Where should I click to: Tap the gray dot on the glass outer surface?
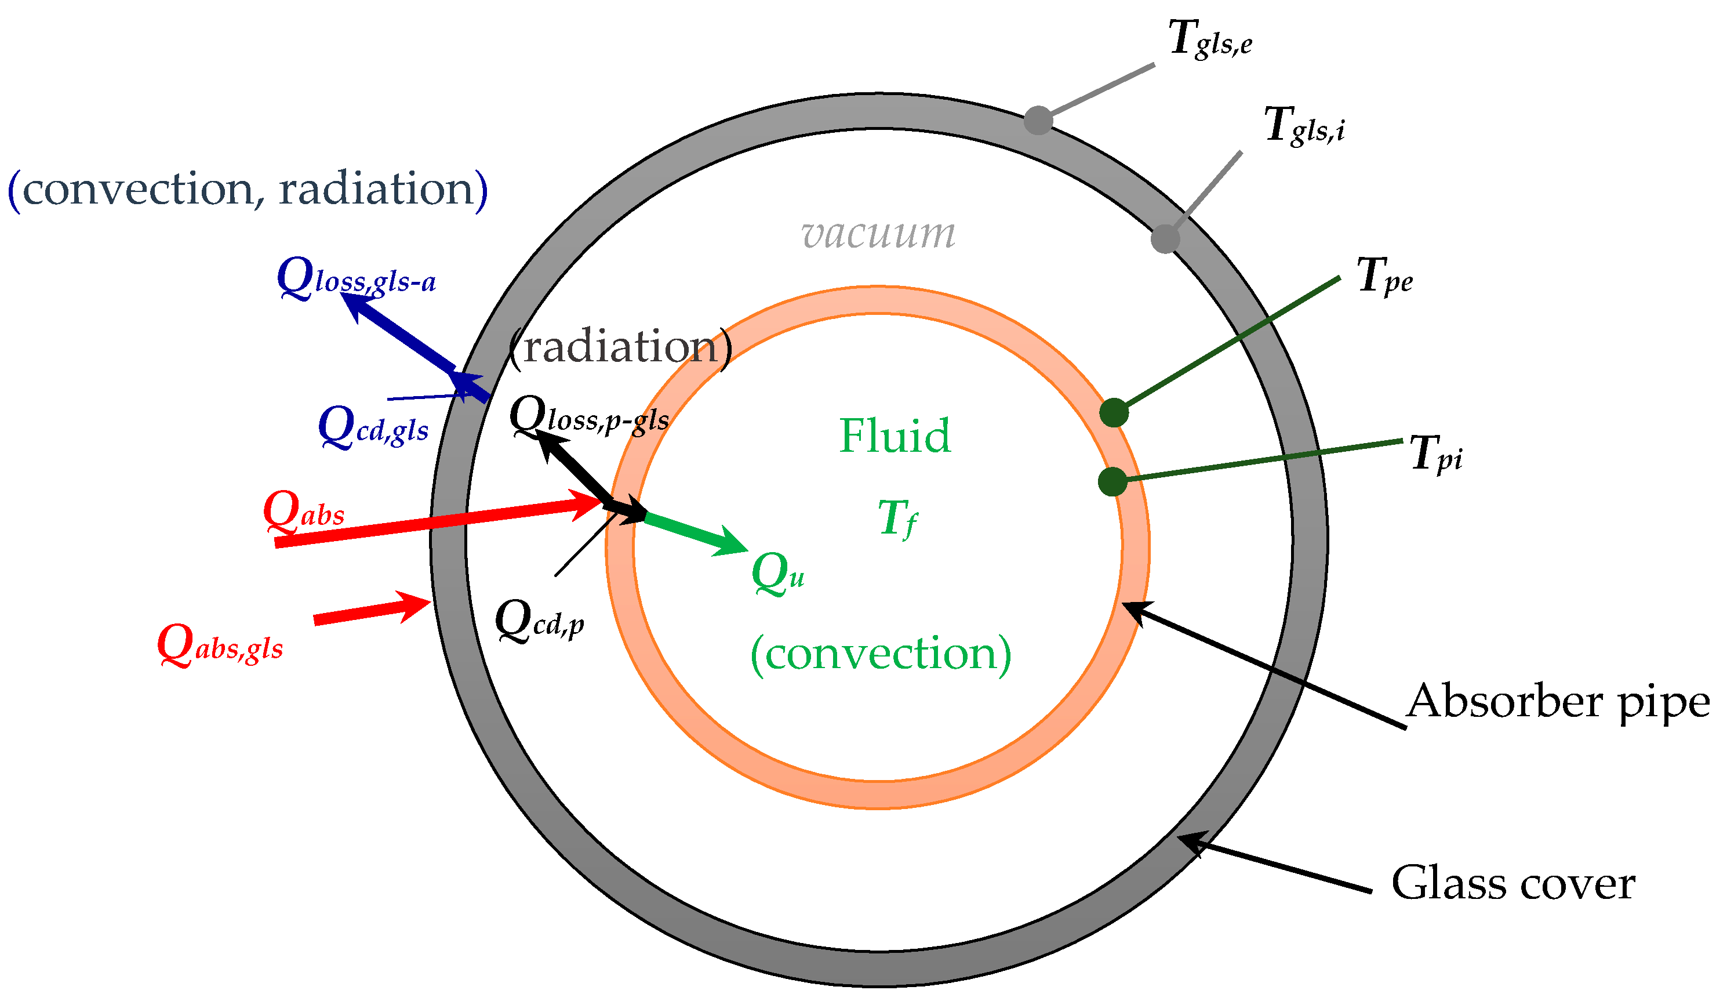(1038, 121)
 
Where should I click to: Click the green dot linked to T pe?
(1114, 413)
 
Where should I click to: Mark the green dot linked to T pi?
(1112, 481)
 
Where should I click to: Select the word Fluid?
(895, 436)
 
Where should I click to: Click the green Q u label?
(777, 573)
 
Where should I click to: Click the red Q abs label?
(303, 512)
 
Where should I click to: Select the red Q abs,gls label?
(219, 645)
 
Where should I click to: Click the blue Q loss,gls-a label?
(356, 279)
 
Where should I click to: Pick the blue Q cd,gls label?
(373, 427)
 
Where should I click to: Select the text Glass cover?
(1513, 883)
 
